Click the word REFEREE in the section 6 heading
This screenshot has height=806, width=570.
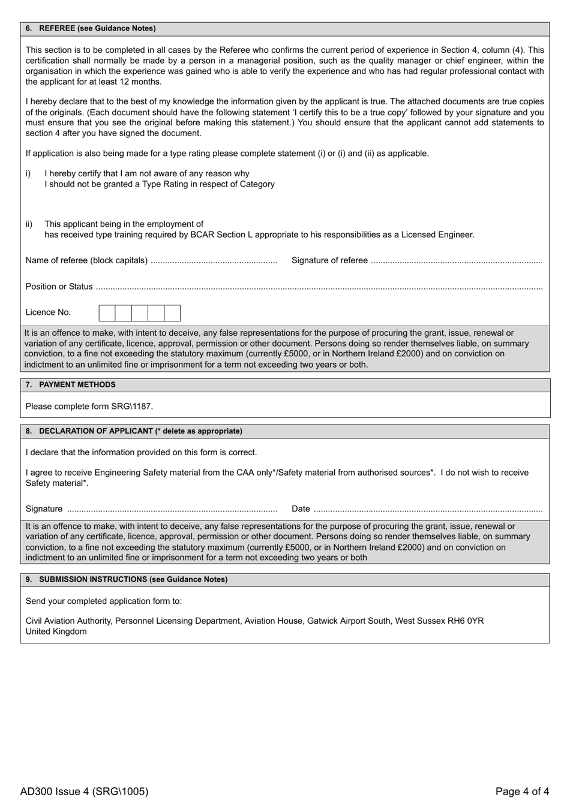click(57, 28)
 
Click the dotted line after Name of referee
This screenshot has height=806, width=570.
click(213, 261)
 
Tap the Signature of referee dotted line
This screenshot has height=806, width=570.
click(456, 261)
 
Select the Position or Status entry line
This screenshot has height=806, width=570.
click(318, 287)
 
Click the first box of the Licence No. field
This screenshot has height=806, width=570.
click(107, 313)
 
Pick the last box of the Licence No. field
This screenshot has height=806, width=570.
click(172, 313)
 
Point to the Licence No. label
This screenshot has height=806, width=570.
click(48, 312)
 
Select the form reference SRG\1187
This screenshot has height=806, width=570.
click(131, 407)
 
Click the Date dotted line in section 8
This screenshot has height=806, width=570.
click(427, 510)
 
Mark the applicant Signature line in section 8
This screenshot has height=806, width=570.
click(171, 510)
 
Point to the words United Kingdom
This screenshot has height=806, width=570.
click(56, 631)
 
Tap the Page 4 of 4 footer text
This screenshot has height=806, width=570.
click(522, 792)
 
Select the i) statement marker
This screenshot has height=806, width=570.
click(28, 174)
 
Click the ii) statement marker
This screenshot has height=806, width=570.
click(29, 224)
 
